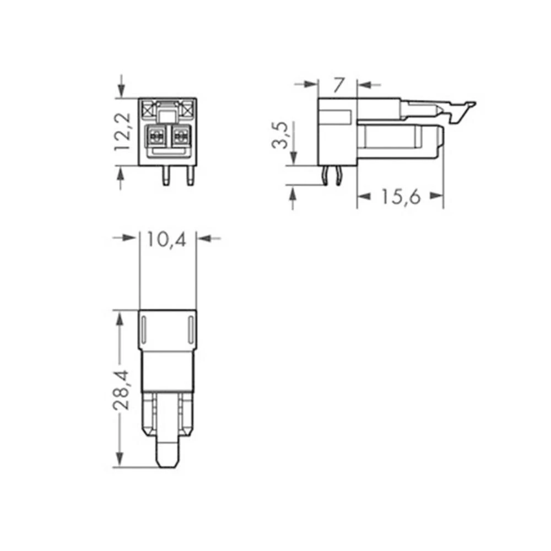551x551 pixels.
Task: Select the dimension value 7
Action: coord(338,85)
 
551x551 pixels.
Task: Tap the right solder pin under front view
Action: coord(191,176)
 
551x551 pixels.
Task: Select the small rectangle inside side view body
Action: coord(337,117)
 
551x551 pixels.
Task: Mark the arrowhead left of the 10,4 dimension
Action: coord(130,238)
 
